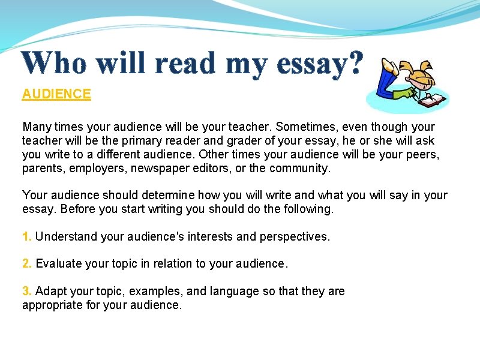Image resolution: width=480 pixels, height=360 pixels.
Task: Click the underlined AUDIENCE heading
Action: click(x=56, y=94)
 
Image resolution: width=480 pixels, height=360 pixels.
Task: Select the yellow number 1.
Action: click(x=26, y=237)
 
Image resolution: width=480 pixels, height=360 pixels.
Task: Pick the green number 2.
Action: click(x=26, y=263)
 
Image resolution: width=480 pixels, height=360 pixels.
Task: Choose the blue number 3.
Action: click(x=26, y=292)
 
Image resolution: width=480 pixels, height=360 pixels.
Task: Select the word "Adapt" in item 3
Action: click(x=50, y=292)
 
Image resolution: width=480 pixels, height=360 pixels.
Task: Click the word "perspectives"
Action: click(x=294, y=237)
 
